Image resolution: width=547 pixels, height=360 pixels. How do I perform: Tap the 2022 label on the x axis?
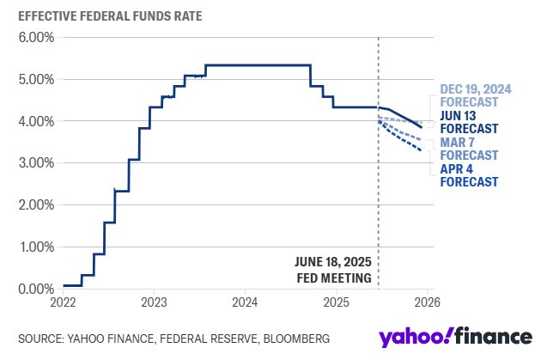coord(63,302)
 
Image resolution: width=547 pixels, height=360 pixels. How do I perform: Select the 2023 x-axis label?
coord(154,302)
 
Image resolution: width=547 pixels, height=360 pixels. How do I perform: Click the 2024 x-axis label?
coord(245,302)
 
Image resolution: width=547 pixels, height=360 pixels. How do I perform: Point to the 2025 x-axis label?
coord(336,302)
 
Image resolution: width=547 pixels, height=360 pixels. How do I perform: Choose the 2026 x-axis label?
coord(427,302)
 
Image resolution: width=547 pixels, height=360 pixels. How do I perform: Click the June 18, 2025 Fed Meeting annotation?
coord(332,270)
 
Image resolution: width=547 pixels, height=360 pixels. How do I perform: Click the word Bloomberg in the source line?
coord(292,337)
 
